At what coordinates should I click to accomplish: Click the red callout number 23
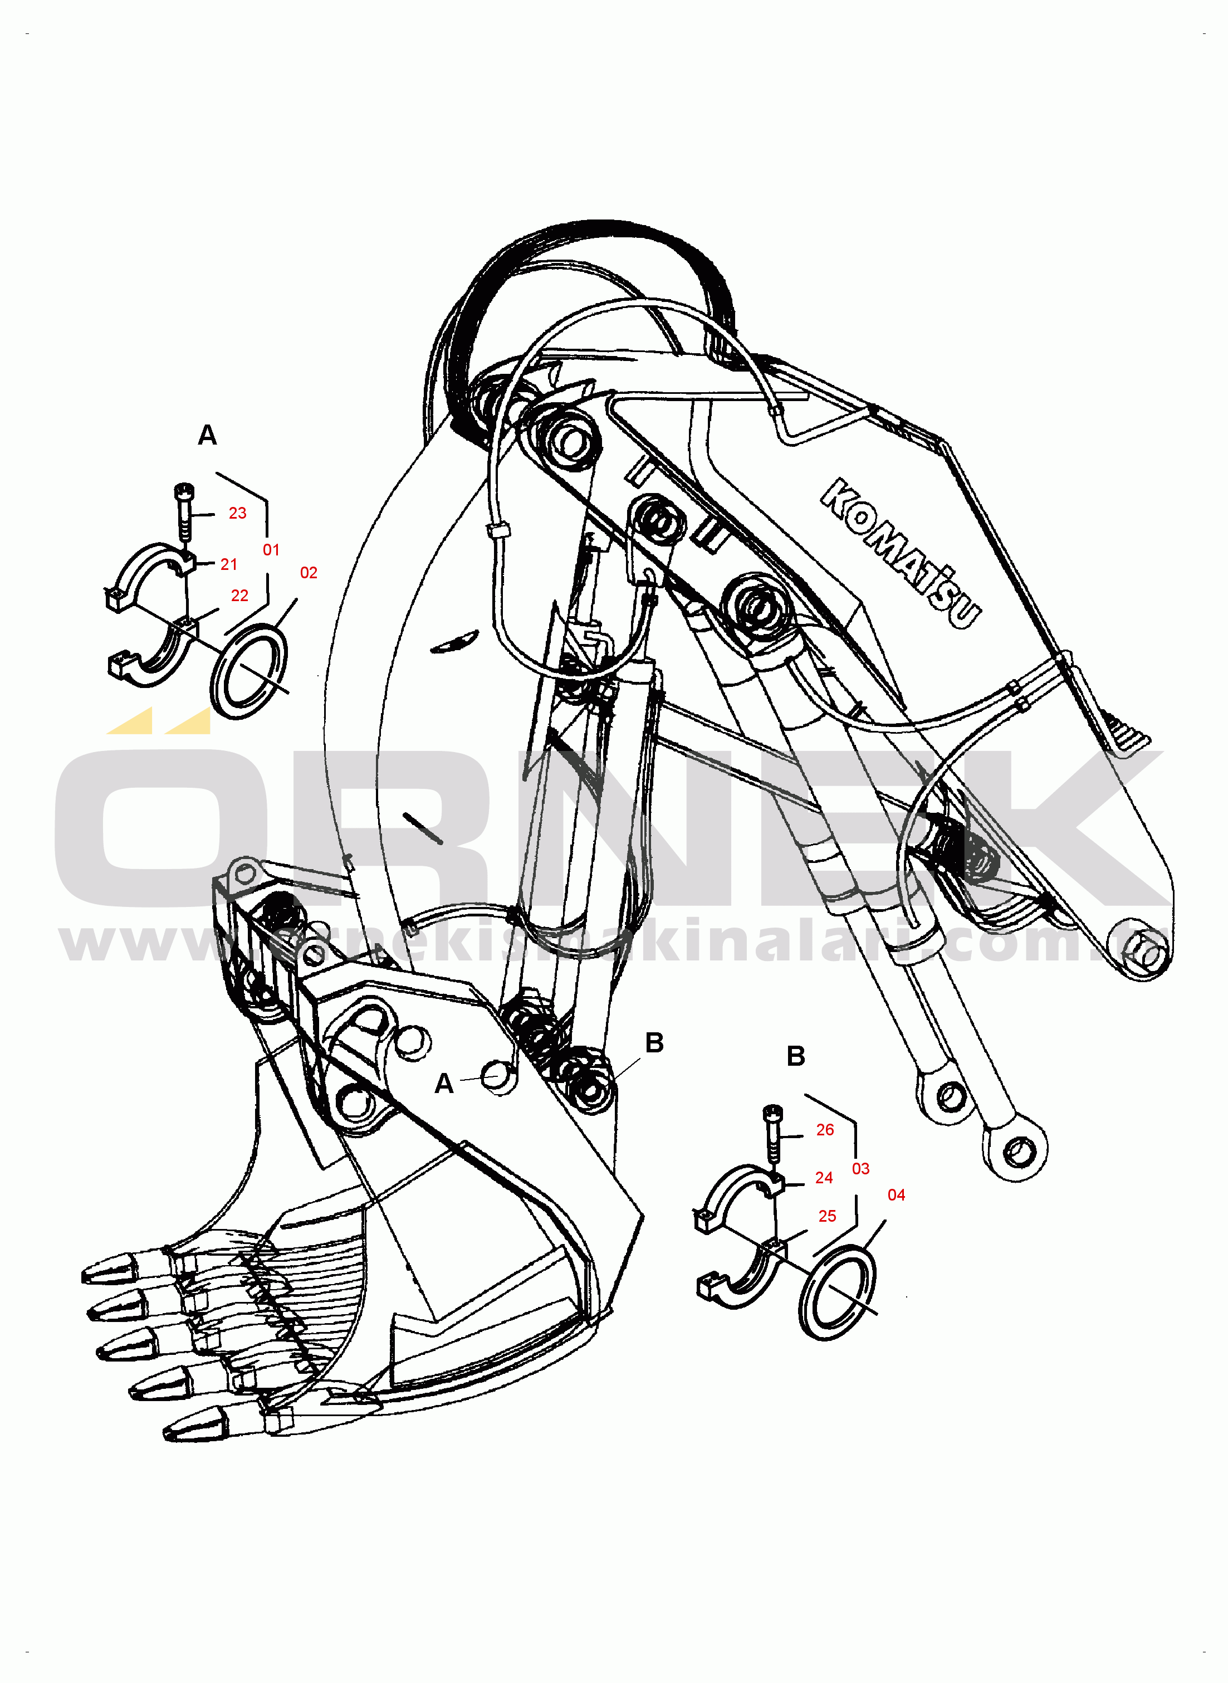pos(237,513)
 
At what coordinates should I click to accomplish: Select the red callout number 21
pos(229,564)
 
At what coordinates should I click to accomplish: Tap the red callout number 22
pos(239,596)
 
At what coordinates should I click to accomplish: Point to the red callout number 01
pos(271,550)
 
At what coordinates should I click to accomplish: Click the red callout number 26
pos(825,1129)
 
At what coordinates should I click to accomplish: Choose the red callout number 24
pos(824,1178)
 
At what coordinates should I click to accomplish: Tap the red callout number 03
pos(861,1169)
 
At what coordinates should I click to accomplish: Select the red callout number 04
pos(897,1194)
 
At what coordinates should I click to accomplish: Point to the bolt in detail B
pos(773,1133)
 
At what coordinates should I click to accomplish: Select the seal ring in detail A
pos(249,671)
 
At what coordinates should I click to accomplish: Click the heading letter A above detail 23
pos(207,435)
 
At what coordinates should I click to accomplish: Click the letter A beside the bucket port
pos(444,1084)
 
